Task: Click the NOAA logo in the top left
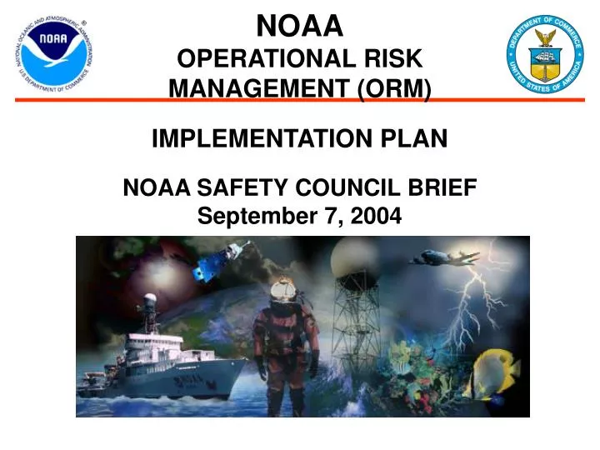pyautogui.click(x=52, y=55)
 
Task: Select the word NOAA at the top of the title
pyautogui.click(x=299, y=27)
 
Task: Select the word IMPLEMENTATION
pyautogui.click(x=266, y=139)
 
